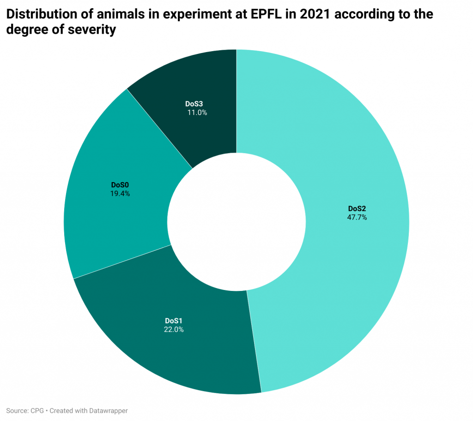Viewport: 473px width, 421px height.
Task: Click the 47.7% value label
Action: [x=357, y=217]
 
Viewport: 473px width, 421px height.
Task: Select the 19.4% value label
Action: [x=120, y=194]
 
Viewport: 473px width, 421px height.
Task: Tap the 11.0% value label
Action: [x=197, y=112]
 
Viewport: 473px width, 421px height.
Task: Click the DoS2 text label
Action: [x=357, y=208]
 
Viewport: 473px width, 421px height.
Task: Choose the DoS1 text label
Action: [x=174, y=320]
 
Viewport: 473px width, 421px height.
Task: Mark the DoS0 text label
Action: [x=120, y=185]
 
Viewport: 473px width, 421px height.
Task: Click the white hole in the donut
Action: [x=236, y=222]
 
